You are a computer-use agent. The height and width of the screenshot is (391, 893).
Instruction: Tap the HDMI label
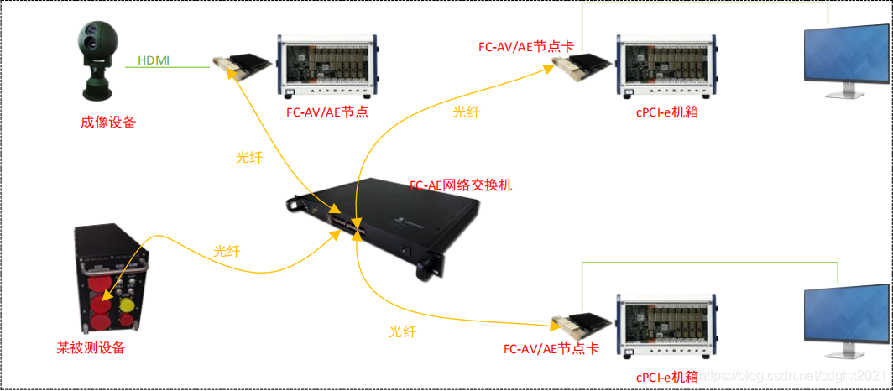[153, 60]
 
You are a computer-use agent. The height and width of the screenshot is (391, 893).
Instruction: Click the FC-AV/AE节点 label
[327, 111]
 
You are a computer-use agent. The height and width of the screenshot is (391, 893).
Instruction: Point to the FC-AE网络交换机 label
[460, 185]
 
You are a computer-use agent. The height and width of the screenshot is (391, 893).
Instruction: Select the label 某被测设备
[92, 347]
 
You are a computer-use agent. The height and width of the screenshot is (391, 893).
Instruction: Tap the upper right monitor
[844, 60]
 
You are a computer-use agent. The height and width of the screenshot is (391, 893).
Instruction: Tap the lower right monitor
[844, 319]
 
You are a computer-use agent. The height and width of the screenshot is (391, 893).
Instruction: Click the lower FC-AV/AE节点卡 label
[551, 348]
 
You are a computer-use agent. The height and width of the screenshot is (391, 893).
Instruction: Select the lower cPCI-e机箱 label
[666, 377]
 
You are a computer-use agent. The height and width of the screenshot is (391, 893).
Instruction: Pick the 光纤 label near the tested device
[227, 250]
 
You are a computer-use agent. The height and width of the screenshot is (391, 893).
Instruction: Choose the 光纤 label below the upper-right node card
[466, 112]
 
